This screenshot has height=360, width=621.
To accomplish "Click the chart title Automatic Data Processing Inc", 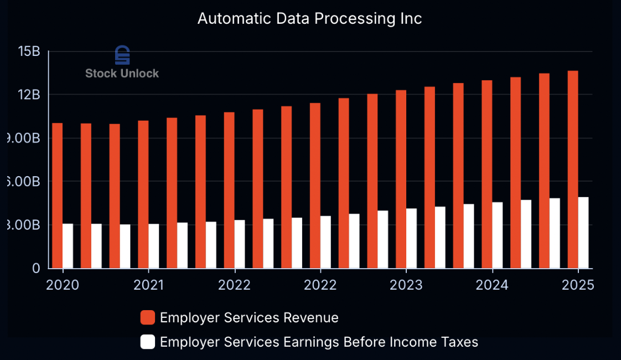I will (x=309, y=18).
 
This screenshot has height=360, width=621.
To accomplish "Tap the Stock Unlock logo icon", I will (x=122, y=55).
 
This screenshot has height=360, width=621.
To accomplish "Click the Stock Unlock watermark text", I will (x=122, y=73).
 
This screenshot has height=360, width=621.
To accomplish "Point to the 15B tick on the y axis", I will (x=29, y=52).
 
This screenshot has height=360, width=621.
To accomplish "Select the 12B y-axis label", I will (x=29, y=95).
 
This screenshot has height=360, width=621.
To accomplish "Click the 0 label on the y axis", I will (x=36, y=269).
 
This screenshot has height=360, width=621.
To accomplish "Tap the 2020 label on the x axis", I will (x=63, y=285).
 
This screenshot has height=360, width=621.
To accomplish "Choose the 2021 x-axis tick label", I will (x=148, y=285).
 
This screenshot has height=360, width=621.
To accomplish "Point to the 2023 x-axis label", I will (x=406, y=285).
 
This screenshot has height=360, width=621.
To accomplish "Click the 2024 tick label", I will (x=492, y=285).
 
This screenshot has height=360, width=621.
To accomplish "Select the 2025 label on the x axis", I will (x=578, y=285).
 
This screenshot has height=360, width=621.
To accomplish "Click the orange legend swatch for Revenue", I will (x=147, y=318).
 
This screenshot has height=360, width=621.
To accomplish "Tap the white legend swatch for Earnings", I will (x=147, y=342).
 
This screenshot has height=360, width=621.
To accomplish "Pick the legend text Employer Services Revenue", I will (x=249, y=318).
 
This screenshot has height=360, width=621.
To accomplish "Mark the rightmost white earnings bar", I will (x=583, y=233).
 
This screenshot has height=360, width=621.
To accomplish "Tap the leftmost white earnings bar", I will (x=68, y=246).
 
